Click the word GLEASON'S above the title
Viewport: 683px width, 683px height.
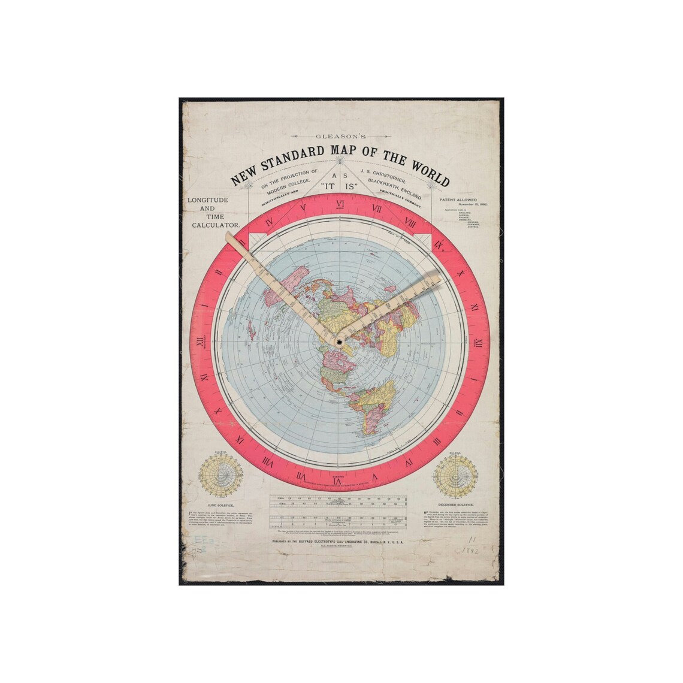[x=340, y=137]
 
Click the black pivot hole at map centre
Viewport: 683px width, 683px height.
[x=339, y=342]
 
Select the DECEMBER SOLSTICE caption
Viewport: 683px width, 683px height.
[x=457, y=505]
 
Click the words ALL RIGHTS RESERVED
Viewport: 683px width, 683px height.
[x=339, y=548]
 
